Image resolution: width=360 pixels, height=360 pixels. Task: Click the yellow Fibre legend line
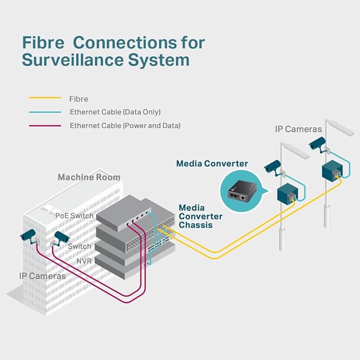45,98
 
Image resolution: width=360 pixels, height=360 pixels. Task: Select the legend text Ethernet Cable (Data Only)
115,112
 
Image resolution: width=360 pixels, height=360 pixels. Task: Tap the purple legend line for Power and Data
45,126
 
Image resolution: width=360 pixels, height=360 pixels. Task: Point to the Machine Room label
89,177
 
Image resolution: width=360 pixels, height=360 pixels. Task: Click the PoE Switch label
74,216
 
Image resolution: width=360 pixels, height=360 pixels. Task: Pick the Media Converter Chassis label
200,216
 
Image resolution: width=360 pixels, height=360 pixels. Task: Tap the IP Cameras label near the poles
298,129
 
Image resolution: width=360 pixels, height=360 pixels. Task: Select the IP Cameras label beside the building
42,276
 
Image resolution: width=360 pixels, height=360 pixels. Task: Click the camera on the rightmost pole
317,143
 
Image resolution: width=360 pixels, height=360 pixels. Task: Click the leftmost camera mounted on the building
29,234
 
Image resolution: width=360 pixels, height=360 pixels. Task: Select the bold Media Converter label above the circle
212,164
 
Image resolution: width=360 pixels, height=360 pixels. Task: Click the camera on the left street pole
272,166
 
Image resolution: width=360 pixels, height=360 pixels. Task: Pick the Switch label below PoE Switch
80,247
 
